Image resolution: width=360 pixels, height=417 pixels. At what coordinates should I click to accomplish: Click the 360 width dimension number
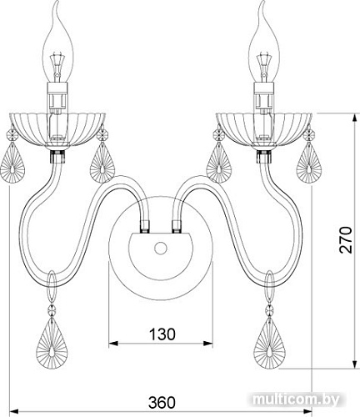(x=162, y=402)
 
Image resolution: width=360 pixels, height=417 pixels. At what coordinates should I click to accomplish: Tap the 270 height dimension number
(x=345, y=240)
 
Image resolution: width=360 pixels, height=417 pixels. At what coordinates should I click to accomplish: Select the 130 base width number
(x=162, y=334)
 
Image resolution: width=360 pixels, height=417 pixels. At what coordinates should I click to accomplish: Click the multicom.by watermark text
(x=297, y=399)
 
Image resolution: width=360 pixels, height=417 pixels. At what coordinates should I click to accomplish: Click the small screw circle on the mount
(x=161, y=248)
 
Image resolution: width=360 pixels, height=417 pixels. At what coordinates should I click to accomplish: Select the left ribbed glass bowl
(x=57, y=129)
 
